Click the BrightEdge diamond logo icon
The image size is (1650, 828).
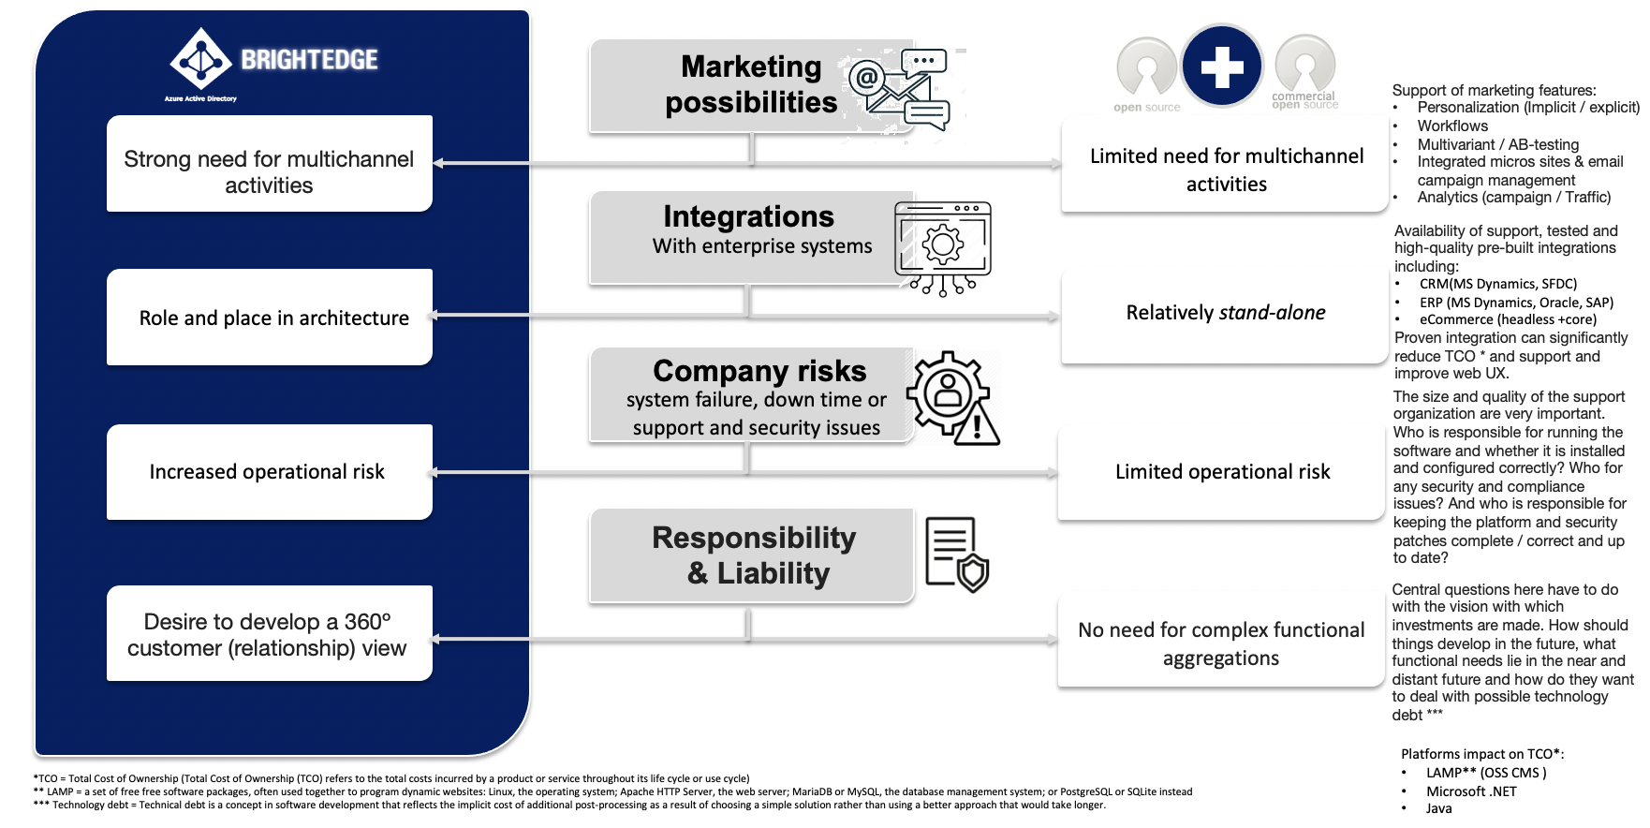[200, 60]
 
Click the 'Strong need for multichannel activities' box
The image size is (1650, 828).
[269, 164]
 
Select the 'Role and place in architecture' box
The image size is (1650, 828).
[269, 318]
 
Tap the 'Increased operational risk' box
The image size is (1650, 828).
[269, 472]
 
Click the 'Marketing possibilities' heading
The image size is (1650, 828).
[751, 84]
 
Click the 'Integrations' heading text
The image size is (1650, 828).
[748, 216]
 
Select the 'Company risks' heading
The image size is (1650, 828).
[759, 371]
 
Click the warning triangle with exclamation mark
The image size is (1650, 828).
[978, 425]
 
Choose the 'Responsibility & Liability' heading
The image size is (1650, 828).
[755, 555]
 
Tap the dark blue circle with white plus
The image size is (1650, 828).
[1222, 67]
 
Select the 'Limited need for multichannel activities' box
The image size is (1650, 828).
[1226, 170]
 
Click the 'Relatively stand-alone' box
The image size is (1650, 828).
[1225, 313]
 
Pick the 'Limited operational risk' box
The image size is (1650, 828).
[1222, 472]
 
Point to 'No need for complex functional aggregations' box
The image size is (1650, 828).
[1221, 643]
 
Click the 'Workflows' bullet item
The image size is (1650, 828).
[1452, 126]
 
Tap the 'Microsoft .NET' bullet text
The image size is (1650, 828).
[1471, 791]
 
